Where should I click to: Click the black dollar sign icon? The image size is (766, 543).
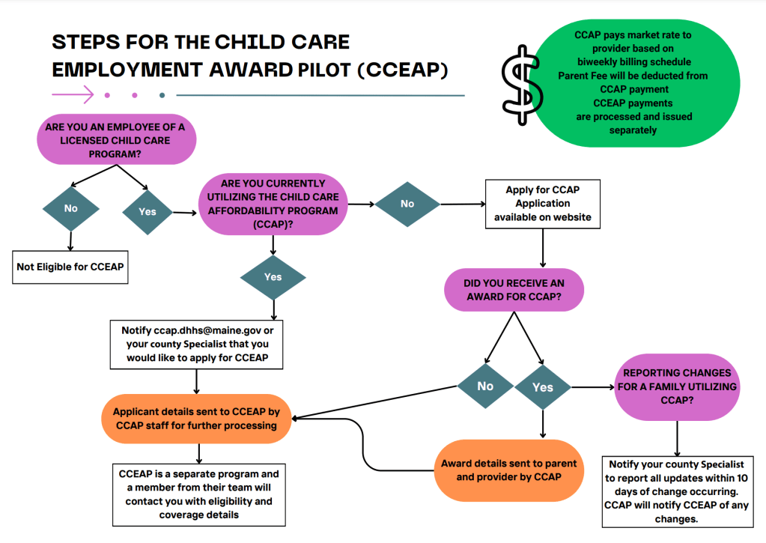point(522,85)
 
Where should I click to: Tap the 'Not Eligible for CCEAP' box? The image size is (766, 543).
point(70,267)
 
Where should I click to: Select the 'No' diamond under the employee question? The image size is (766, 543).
point(71,209)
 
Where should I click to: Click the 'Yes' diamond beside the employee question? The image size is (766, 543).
point(147,212)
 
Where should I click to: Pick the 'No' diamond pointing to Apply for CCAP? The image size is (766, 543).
point(407,204)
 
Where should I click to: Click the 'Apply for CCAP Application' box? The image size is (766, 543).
point(543,204)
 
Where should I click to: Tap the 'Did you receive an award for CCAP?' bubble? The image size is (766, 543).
point(514,290)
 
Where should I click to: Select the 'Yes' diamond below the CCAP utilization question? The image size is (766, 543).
point(273,277)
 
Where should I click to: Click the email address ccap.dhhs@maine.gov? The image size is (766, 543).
point(207,330)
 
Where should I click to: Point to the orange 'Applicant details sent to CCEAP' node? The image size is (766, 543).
point(196,419)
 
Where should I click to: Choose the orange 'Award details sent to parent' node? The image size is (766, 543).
point(509,470)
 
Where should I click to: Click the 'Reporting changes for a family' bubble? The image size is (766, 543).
point(677,386)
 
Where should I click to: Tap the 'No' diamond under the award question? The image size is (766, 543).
point(485,386)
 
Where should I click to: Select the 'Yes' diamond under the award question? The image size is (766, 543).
point(543,387)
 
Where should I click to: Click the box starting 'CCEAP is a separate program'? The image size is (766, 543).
point(199,494)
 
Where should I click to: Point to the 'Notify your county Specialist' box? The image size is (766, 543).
point(677,491)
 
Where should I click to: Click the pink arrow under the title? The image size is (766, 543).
point(73,94)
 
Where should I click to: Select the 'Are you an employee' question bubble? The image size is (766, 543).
point(116,140)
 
